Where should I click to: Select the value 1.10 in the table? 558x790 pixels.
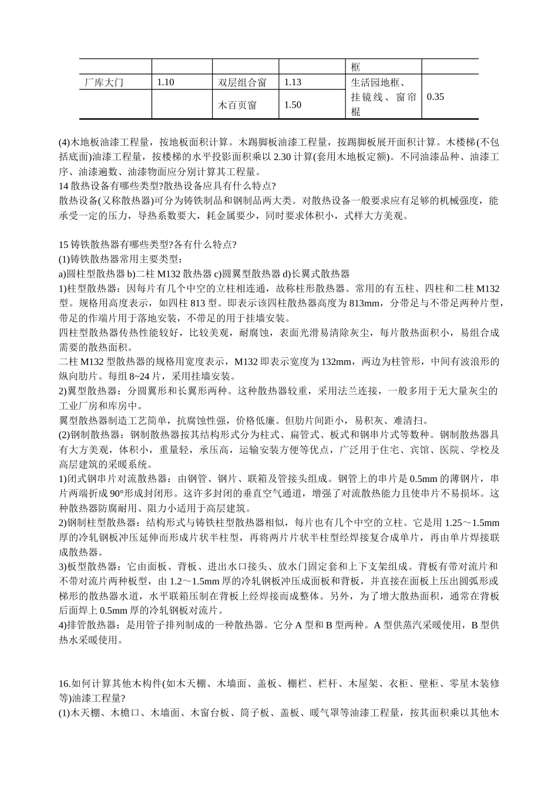click(x=166, y=83)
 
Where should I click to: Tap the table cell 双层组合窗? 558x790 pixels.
click(x=242, y=83)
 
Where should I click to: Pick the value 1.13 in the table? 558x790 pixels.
click(x=293, y=83)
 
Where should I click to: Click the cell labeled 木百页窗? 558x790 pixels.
click(x=237, y=105)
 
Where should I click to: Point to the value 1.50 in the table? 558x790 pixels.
click(x=293, y=105)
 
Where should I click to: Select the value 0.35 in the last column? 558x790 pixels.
click(x=435, y=97)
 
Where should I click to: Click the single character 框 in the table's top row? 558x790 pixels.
click(x=355, y=67)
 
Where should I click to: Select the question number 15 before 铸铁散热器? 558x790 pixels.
click(x=64, y=245)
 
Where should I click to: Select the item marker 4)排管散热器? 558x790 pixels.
click(x=90, y=625)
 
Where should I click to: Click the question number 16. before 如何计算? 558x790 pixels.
click(x=65, y=684)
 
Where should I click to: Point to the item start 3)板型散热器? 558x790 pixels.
click(x=90, y=567)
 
